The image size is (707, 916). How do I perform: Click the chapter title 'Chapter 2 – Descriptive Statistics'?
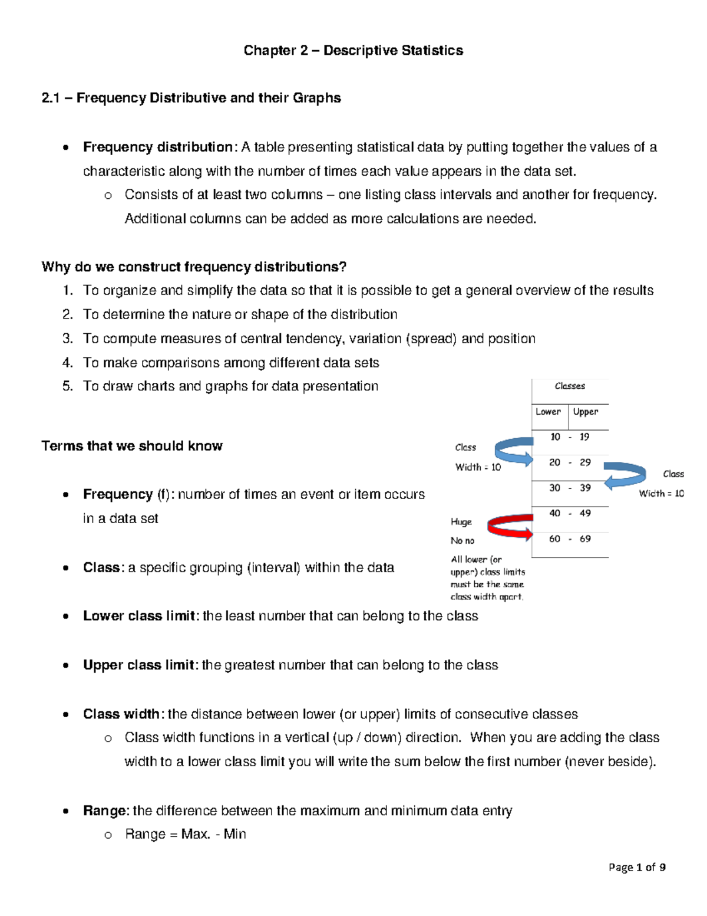point(353,51)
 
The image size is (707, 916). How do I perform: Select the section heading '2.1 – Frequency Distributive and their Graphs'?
point(191,98)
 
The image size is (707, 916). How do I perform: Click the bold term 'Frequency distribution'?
point(157,147)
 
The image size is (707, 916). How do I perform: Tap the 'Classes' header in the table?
point(570,386)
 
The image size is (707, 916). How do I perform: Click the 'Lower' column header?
point(548,412)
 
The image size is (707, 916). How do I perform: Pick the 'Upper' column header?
point(585,412)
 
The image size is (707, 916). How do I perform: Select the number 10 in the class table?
point(555,437)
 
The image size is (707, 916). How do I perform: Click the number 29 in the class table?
point(585,462)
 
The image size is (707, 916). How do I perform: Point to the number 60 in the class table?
point(554,539)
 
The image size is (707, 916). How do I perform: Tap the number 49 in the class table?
point(585,514)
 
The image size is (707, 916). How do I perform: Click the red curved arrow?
point(510,526)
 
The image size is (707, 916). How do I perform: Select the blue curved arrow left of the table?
point(514,451)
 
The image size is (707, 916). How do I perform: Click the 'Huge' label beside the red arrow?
point(461,522)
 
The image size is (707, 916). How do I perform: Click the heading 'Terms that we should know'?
point(132,446)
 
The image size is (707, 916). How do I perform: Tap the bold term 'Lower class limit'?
point(139,616)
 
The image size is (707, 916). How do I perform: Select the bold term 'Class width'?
point(121,714)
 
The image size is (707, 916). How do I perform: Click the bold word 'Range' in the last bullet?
point(105,811)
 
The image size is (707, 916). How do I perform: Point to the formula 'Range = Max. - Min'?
point(186,835)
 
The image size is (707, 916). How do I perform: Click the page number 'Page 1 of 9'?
point(637,868)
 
